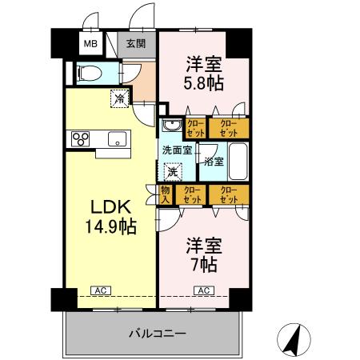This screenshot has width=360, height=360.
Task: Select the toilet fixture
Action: click(90, 73)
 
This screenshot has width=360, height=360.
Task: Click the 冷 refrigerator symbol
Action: click(118, 99)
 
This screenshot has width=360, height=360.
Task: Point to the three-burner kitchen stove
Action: click(82, 138)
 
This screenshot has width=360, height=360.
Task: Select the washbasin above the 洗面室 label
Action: click(170, 126)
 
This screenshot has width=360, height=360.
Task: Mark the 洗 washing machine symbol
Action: click(172, 171)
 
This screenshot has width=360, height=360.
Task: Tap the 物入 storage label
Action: click(166, 194)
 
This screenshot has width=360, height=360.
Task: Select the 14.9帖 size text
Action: click(110, 226)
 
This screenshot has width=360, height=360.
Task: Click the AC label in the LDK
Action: click(101, 290)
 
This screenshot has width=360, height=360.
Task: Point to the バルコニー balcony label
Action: click(156, 332)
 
